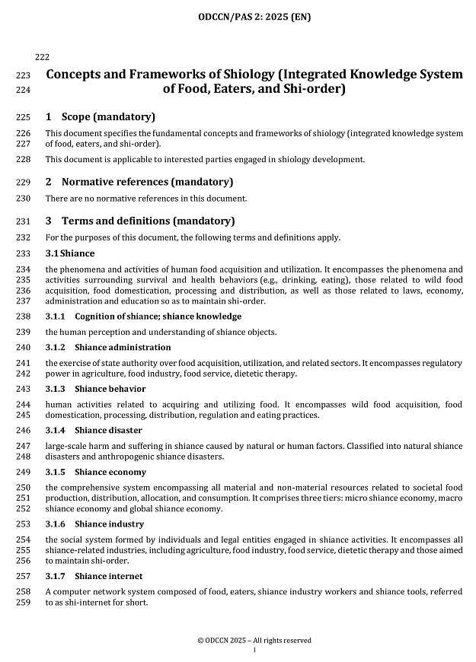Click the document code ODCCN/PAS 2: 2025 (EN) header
coord(254,16)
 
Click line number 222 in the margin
coord(43,57)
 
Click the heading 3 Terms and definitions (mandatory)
coord(140,221)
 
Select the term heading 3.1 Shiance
coord(70,253)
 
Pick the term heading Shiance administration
coord(117,347)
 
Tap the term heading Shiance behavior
coord(110,389)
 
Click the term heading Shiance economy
coord(110,473)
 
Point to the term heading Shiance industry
coord(110,524)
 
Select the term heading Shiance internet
coord(109,577)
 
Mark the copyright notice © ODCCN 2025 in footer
coord(254,641)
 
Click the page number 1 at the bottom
coord(254,651)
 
